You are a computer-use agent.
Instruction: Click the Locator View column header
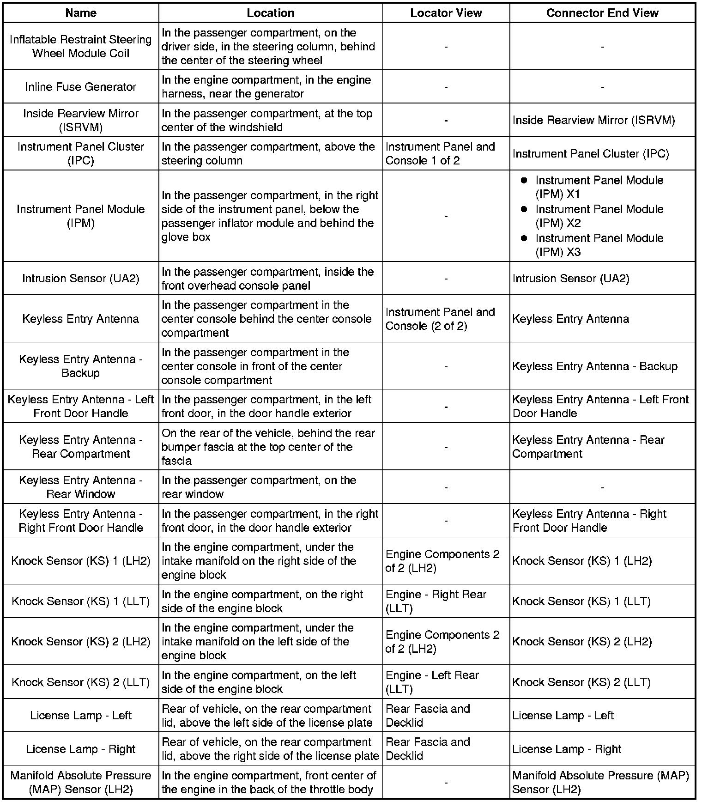tap(446, 13)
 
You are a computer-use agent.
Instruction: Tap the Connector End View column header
tap(602, 13)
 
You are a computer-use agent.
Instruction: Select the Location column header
tap(271, 13)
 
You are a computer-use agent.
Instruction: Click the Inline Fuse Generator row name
tap(81, 87)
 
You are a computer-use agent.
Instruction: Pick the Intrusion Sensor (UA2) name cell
tap(81, 279)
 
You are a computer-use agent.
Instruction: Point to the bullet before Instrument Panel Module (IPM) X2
tap(524, 209)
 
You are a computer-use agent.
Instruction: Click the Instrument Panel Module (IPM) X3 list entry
tap(599, 245)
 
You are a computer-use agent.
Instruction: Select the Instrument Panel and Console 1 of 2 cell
tap(440, 153)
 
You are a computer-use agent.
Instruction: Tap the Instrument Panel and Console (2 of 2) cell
tap(440, 319)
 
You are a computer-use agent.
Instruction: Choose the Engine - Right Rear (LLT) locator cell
tap(436, 601)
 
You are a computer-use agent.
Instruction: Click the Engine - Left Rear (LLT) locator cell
tap(432, 682)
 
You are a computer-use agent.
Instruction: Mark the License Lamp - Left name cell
tap(81, 716)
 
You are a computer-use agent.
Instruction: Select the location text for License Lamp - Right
tap(270, 749)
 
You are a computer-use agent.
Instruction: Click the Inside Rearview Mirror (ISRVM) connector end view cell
tap(593, 120)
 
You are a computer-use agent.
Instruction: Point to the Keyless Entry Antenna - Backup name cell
tap(81, 366)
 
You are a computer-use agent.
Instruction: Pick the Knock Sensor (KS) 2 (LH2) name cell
tap(81, 642)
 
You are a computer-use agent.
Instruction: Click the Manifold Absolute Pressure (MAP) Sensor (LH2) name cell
tap(81, 782)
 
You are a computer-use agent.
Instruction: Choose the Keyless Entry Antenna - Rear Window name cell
tap(81, 487)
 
